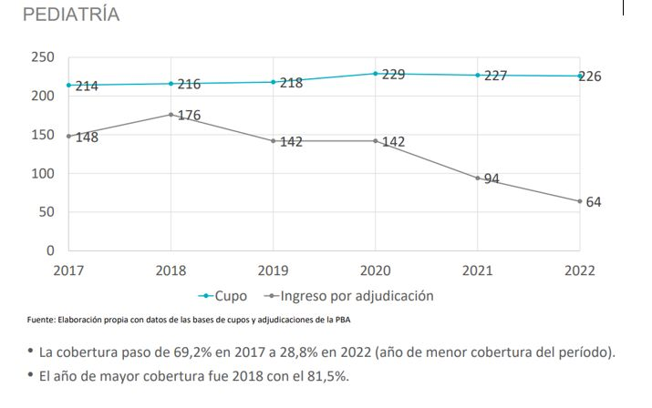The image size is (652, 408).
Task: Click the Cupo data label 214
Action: pos(87,87)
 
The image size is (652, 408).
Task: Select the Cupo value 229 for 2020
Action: pos(393,75)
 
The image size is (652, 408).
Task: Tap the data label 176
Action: pos(189,116)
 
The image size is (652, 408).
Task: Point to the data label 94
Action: pos(492,179)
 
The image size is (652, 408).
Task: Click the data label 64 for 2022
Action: pos(593,202)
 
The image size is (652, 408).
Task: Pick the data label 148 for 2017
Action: pos(87,138)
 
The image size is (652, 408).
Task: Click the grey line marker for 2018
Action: pos(171,115)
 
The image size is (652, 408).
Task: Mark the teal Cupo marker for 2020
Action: pos(375,74)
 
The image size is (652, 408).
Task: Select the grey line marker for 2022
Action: pos(580,201)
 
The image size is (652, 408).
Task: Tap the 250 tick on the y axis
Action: pos(43,57)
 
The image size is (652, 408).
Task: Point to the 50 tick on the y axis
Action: pos(47,212)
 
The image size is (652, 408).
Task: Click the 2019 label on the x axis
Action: pos(273,270)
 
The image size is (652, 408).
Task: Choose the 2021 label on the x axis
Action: pos(477,270)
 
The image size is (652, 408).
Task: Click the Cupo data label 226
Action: pos(590,76)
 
